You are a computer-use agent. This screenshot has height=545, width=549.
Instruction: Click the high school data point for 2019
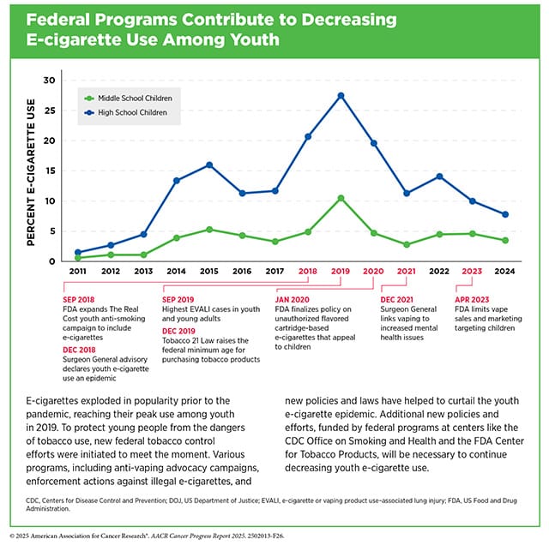(341, 96)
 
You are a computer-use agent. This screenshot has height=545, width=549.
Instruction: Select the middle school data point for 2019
(341, 198)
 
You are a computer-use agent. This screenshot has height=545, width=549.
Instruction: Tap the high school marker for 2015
(209, 165)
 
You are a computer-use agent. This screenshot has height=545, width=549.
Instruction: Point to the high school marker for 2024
(505, 214)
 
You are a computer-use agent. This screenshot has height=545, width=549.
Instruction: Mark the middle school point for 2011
(78, 258)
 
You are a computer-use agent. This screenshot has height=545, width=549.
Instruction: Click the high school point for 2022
(439, 177)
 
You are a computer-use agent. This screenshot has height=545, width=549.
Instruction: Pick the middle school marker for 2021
(407, 244)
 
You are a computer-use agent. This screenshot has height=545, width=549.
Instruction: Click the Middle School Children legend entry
(128, 99)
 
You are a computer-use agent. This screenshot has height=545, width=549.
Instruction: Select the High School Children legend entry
(126, 112)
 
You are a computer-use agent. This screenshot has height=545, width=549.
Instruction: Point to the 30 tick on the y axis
(50, 80)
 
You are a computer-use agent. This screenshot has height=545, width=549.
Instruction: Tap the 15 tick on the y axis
(50, 171)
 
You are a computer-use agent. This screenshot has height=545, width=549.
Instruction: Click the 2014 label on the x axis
(176, 271)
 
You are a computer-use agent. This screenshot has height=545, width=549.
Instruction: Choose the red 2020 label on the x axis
(373, 271)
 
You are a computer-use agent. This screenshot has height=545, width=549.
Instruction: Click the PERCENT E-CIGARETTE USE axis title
(31, 172)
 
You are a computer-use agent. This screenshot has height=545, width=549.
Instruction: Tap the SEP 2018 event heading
(78, 299)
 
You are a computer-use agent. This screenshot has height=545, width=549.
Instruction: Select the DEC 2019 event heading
(178, 331)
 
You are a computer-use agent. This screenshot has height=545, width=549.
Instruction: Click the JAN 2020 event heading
(292, 299)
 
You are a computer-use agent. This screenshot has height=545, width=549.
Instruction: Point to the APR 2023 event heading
(472, 299)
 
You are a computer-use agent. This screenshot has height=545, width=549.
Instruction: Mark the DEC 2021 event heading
(396, 299)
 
